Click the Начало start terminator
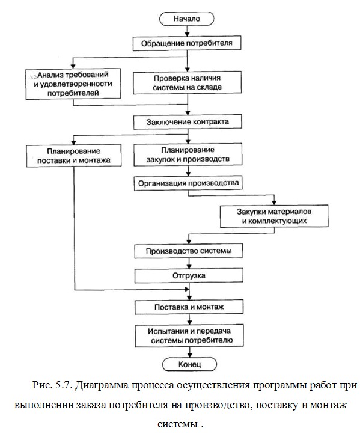coord(187,19)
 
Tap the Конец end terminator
coord(189,364)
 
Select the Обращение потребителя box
coord(187,43)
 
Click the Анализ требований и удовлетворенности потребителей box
coord(73,84)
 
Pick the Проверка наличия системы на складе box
coord(188,82)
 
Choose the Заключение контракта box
coord(188,122)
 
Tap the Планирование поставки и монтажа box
coord(74,156)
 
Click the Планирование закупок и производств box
coord(188,154)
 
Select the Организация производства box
coord(189,183)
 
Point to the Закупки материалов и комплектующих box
coord(274,216)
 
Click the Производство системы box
coord(189,251)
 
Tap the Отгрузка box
coord(189,276)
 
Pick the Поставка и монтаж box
coord(189,307)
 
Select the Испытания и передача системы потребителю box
coord(189,335)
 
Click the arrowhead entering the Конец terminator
coord(190,355)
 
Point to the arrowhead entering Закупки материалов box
coord(274,203)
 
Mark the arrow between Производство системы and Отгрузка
coord(189,263)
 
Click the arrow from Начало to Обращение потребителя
coord(187,31)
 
